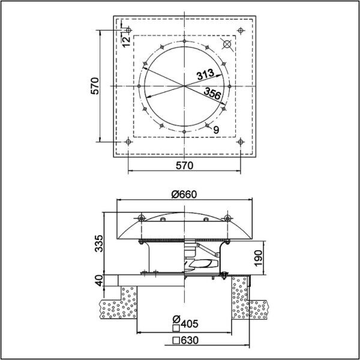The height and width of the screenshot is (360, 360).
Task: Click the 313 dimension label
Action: click(x=205, y=74)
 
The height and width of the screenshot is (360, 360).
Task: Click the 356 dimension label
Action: click(x=212, y=93)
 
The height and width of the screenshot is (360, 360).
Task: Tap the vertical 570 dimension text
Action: click(x=95, y=86)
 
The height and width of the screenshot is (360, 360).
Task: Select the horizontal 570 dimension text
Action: click(x=185, y=166)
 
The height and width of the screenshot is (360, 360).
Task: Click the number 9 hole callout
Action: click(x=216, y=130)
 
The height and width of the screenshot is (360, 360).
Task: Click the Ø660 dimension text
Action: click(x=184, y=194)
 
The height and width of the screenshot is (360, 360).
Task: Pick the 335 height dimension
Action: click(x=100, y=244)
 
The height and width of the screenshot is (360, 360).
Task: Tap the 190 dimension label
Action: click(x=259, y=258)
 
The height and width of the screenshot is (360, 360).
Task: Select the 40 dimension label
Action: click(x=100, y=281)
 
